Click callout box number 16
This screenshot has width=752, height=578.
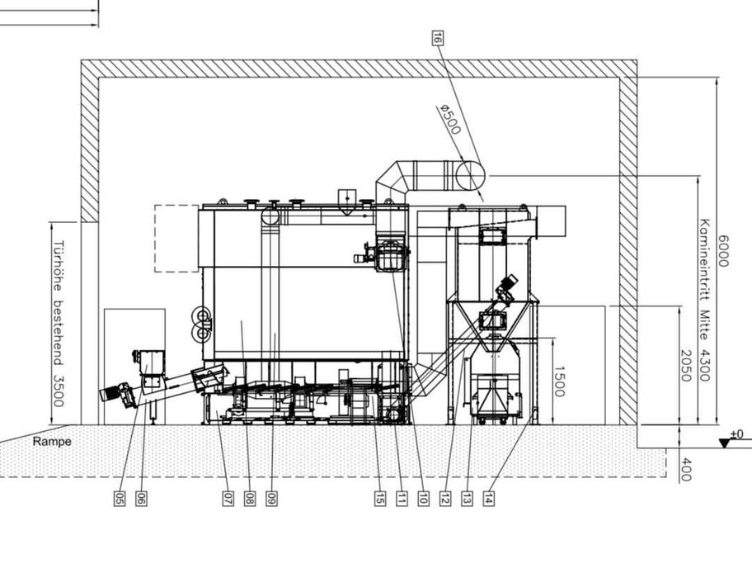click(x=437, y=37)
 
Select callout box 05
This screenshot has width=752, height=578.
click(x=120, y=499)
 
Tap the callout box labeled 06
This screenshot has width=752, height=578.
click(x=141, y=499)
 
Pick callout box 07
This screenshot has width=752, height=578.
click(x=228, y=499)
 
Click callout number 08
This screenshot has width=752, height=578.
click(x=249, y=499)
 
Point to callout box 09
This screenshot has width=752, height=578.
click(x=271, y=499)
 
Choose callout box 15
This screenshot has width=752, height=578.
click(x=379, y=499)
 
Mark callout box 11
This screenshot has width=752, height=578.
click(x=402, y=499)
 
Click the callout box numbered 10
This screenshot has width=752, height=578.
click(x=423, y=499)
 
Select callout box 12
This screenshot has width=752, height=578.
click(x=445, y=499)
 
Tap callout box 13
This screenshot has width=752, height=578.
click(x=467, y=499)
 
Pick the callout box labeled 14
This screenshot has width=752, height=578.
click(x=488, y=499)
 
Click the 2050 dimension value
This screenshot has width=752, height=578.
click(x=685, y=365)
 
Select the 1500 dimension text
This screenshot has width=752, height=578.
click(x=559, y=381)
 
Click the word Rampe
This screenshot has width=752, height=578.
click(x=52, y=442)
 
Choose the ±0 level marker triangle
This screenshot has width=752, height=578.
click(x=725, y=443)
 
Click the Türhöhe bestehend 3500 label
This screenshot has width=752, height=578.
click(x=59, y=322)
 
